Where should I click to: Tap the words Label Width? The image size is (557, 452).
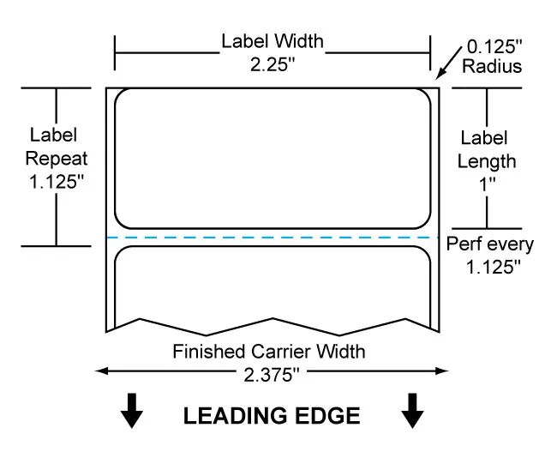pyautogui.click(x=272, y=41)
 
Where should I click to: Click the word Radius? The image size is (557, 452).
pyautogui.click(x=492, y=67)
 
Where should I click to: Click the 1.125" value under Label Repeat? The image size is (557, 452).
pyautogui.click(x=57, y=182)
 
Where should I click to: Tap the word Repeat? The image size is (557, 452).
pyautogui.click(x=57, y=159)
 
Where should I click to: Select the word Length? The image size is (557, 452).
pyautogui.click(x=487, y=160)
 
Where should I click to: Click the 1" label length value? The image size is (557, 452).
pyautogui.click(x=487, y=184)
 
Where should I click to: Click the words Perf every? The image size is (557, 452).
pyautogui.click(x=490, y=244)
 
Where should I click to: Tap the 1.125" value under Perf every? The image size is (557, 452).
pyautogui.click(x=490, y=267)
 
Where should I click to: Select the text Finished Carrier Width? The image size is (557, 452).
pyautogui.click(x=269, y=351)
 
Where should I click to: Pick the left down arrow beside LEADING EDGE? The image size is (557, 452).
pyautogui.click(x=131, y=410)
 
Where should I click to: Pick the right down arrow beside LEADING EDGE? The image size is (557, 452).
pyautogui.click(x=412, y=410)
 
